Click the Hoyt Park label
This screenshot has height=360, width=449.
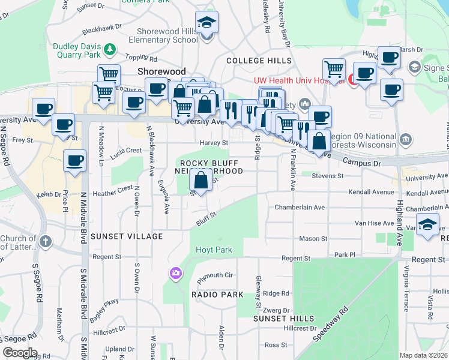click(212, 250)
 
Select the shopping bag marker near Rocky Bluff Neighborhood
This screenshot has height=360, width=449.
click(200, 180)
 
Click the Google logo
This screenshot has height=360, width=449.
click(20, 353)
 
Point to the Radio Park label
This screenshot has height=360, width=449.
click(217, 295)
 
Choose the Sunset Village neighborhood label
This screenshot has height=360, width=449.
click(127, 236)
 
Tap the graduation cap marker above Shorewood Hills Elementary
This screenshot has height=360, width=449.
click(207, 23)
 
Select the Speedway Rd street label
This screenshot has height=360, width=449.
click(331, 325)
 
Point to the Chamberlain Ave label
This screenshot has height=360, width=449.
click(300, 207)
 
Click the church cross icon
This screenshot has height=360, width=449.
click(46, 242)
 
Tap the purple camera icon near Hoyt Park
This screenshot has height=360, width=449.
click(175, 274)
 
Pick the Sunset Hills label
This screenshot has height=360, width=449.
click(283, 318)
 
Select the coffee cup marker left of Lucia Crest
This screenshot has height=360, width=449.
click(74, 161)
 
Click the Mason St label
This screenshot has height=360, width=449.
click(313, 238)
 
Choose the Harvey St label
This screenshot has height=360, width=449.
click(214, 143)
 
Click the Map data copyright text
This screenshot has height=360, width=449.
click(423, 355)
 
